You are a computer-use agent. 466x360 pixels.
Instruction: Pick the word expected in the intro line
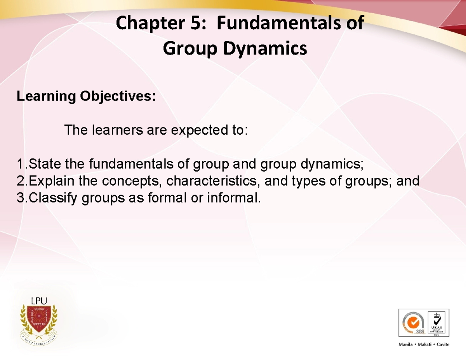pyautogui.click(x=201, y=130)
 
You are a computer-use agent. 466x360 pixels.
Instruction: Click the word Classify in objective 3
pyautogui.click(x=54, y=198)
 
